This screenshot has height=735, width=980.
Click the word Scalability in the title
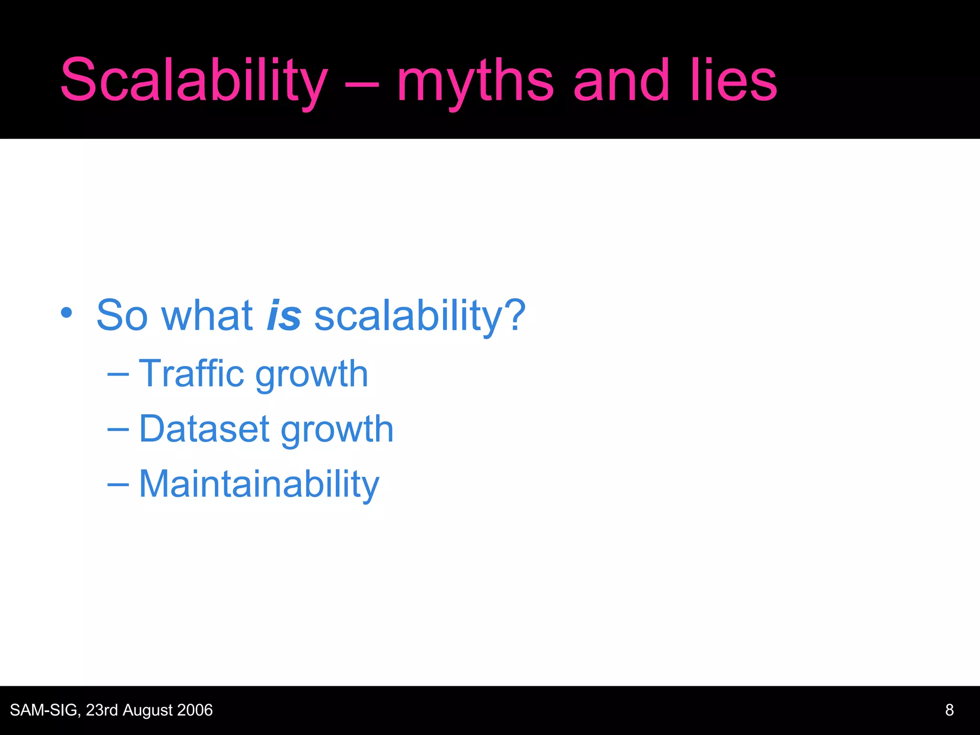coord(194,80)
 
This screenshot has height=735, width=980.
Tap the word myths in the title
coord(475,82)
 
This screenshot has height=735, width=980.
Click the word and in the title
coord(621,80)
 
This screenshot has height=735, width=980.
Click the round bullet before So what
coord(67,313)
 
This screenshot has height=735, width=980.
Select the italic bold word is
coord(284,315)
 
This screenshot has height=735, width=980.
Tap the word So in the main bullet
coord(122,315)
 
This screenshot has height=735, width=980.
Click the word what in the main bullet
coord(207,315)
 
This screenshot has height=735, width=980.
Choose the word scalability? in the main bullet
coord(420,316)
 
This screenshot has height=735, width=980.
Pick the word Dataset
coord(204,429)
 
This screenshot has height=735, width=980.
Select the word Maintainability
coord(259,484)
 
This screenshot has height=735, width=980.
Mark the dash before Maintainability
coord(118,484)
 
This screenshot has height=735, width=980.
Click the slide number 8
coord(949,710)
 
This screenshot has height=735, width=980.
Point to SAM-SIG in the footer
coord(45,710)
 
